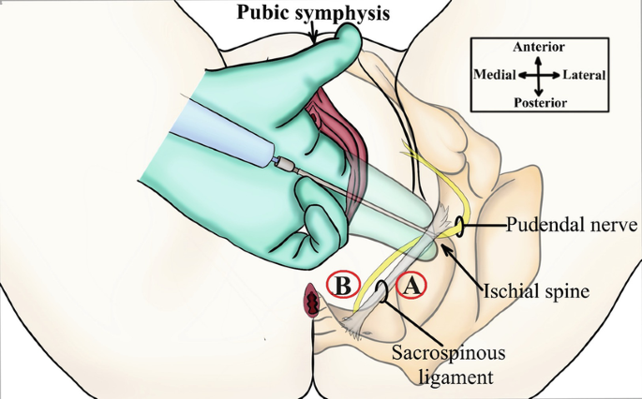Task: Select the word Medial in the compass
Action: click(495, 74)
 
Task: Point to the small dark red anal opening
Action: click(311, 301)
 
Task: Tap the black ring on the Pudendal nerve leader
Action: click(461, 226)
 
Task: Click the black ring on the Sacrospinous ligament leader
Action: click(382, 294)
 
